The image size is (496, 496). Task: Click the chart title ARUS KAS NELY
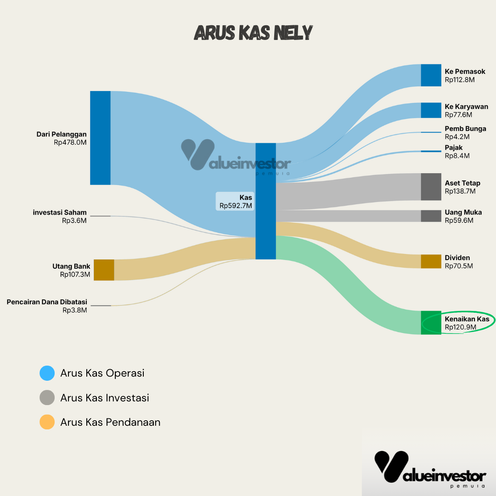coord(253,33)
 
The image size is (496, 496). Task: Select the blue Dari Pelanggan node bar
coord(100,138)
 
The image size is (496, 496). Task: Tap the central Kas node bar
coord(265,201)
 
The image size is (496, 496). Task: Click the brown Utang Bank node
coord(104,270)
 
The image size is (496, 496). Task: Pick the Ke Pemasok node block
coord(431,75)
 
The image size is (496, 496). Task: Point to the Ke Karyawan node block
coord(431,110)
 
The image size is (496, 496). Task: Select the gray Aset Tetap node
coord(431,187)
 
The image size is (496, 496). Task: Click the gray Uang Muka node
coord(431,216)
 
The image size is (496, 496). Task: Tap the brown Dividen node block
coord(431,261)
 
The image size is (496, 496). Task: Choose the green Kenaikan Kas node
coord(431,322)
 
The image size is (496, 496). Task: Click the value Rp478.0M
coord(70,142)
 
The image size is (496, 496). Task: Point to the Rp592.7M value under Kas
coord(236,206)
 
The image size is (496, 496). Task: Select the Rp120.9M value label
coord(460,327)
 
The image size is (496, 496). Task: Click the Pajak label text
coord(454,147)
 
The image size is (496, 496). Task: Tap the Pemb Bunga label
coord(465,129)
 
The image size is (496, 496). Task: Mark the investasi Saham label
coord(60,213)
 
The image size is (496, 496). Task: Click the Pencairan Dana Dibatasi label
coord(47,302)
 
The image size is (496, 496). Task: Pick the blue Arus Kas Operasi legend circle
coord(47,373)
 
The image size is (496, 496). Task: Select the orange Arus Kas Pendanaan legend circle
coord(47,422)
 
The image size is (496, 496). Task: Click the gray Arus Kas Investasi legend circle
coord(47,398)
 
